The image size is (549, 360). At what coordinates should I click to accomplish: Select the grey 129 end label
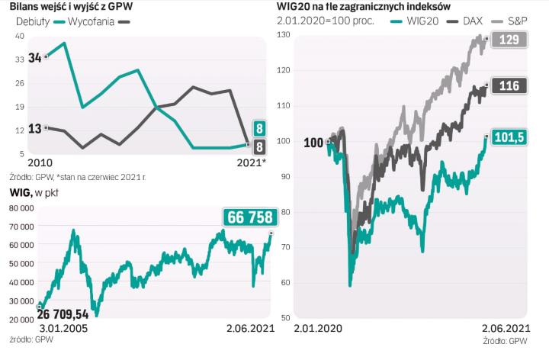click(x=507, y=40)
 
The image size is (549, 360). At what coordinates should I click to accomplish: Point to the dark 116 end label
click(x=507, y=86)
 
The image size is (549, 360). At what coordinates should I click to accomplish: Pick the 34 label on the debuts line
click(x=35, y=58)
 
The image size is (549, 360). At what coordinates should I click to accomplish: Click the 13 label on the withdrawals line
click(x=35, y=129)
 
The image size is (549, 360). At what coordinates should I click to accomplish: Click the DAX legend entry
click(x=474, y=21)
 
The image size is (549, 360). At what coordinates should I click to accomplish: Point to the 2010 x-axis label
click(x=40, y=162)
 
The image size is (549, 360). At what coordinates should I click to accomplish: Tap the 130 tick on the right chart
click(x=284, y=35)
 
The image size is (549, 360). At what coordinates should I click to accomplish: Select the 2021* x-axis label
click(x=252, y=162)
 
